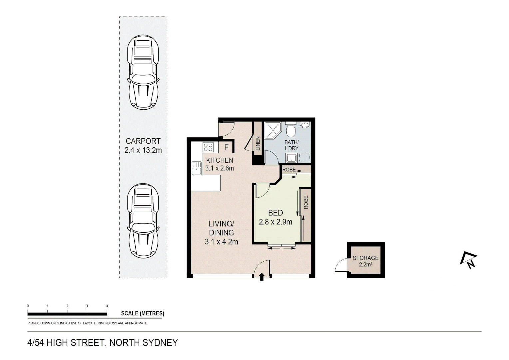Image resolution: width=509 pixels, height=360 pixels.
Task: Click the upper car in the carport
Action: [x=143, y=72]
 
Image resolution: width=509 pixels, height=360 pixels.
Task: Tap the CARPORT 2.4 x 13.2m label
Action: [x=143, y=146]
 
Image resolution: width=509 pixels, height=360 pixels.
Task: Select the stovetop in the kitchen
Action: [x=208, y=147]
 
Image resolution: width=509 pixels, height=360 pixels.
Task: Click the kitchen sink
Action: [x=197, y=168]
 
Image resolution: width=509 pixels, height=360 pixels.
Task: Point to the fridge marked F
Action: [x=226, y=147]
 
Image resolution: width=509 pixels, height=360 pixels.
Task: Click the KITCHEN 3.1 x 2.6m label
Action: [x=219, y=164]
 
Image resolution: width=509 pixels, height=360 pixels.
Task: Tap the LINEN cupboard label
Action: [x=258, y=143]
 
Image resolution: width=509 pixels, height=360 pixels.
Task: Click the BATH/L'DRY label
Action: [x=291, y=145]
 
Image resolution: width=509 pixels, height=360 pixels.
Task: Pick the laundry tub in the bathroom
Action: [x=292, y=158]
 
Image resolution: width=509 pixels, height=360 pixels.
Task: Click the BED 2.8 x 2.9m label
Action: [x=275, y=217]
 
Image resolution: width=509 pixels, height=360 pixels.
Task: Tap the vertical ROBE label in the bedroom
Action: [x=306, y=202]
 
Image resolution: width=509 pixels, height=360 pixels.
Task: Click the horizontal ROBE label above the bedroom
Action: [x=289, y=170]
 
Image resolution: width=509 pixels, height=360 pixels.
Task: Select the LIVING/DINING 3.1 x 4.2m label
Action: [x=221, y=232]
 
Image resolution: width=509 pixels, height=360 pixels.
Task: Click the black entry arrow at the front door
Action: [x=262, y=276]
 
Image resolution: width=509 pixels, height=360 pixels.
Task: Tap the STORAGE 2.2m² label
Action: [x=365, y=261]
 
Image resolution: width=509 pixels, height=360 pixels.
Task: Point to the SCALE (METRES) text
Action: [x=142, y=313]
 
